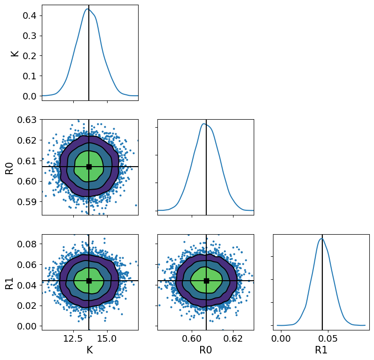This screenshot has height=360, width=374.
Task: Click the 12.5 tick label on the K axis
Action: (73, 339)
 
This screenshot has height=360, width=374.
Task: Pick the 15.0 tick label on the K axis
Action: (107, 339)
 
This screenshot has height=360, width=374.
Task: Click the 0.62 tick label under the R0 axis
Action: (233, 339)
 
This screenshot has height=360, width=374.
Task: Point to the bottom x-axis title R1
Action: (321, 350)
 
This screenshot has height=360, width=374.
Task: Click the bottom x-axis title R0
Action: (205, 350)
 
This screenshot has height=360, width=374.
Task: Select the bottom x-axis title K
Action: (90, 350)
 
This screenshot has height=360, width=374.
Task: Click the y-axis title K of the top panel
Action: (15, 53)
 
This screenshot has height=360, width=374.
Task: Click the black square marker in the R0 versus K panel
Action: (89, 167)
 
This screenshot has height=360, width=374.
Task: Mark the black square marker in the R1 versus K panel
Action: (89, 281)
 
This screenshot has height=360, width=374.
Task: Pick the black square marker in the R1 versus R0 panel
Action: (206, 281)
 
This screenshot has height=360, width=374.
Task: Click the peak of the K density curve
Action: (87, 9)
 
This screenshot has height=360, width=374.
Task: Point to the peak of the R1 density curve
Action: (321, 238)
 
